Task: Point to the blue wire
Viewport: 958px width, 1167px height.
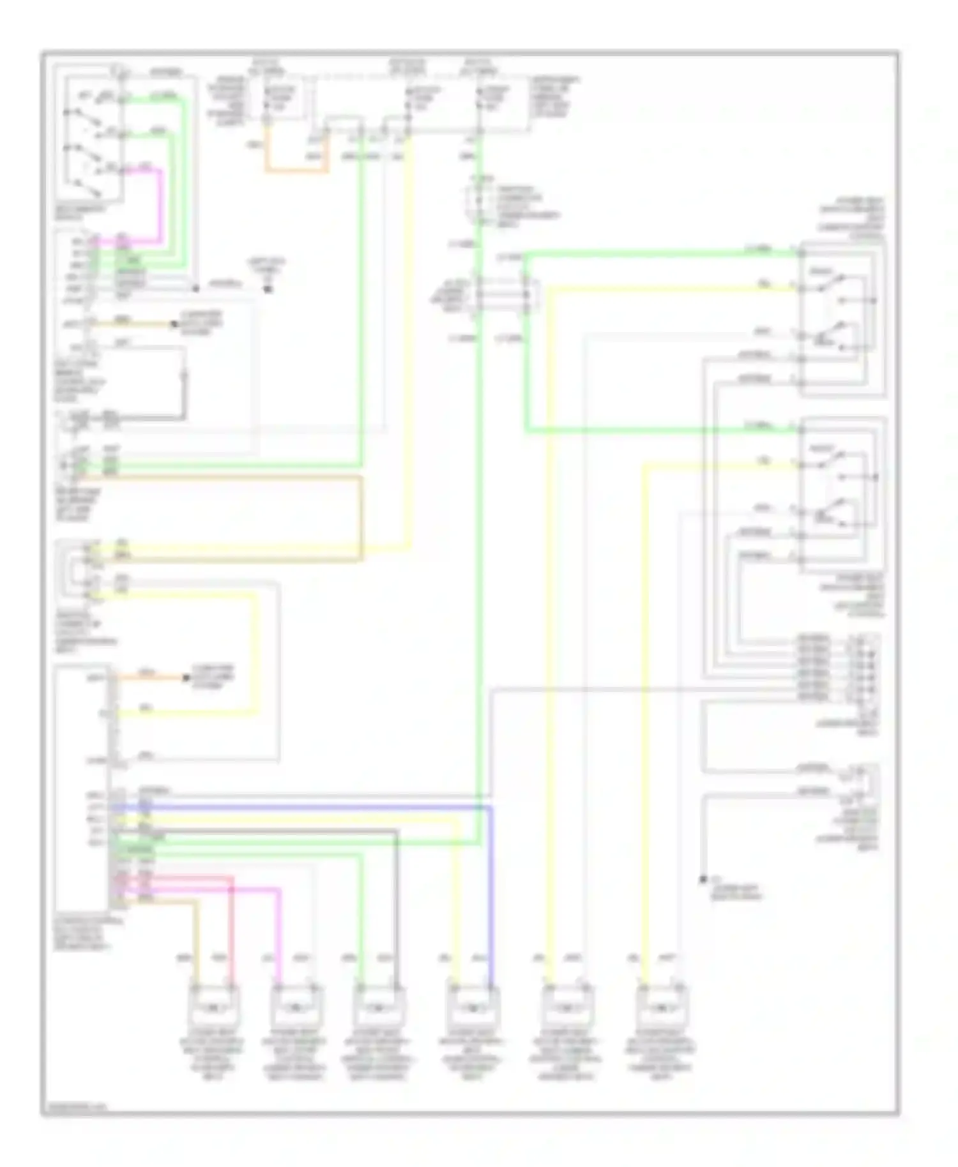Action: [490, 894]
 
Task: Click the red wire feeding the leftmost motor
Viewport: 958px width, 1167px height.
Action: [231, 926]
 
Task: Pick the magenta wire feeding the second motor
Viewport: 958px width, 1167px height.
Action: [279, 932]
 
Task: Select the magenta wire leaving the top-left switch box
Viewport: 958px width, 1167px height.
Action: [160, 204]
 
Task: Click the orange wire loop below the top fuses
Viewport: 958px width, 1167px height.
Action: [297, 170]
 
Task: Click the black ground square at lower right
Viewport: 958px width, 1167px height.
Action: [703, 880]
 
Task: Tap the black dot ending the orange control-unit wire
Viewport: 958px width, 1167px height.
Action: [186, 677]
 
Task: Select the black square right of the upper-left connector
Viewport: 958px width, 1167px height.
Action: [268, 289]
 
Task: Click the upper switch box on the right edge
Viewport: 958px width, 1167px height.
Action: [841, 319]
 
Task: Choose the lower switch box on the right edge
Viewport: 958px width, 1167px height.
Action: [842, 495]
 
